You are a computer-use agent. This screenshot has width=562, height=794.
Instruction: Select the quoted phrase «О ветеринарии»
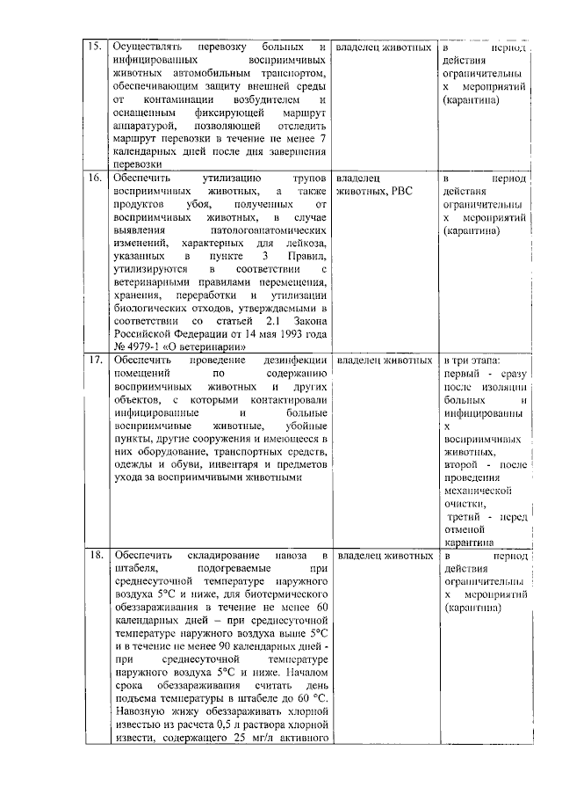201,346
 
